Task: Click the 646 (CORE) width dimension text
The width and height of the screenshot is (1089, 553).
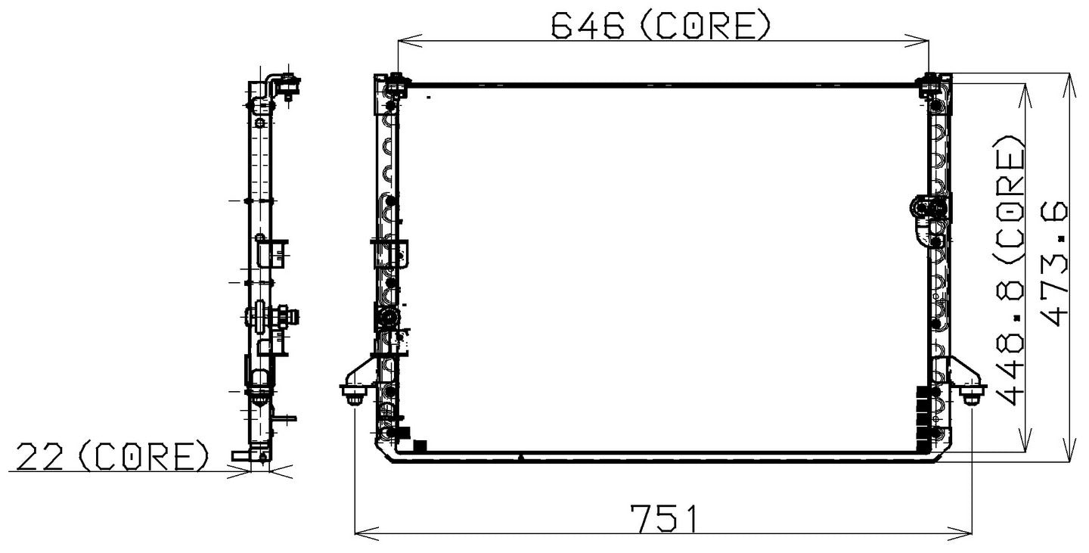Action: point(660,26)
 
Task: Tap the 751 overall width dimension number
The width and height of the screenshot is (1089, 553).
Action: point(665,520)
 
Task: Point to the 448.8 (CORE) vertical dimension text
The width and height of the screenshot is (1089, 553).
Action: point(1011,270)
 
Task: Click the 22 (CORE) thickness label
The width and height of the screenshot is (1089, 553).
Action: point(113,457)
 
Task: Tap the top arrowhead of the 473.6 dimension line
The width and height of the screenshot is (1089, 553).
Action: point(1069,79)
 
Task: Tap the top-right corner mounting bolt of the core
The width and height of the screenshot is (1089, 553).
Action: point(929,82)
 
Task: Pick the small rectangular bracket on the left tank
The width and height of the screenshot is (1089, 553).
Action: point(391,252)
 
